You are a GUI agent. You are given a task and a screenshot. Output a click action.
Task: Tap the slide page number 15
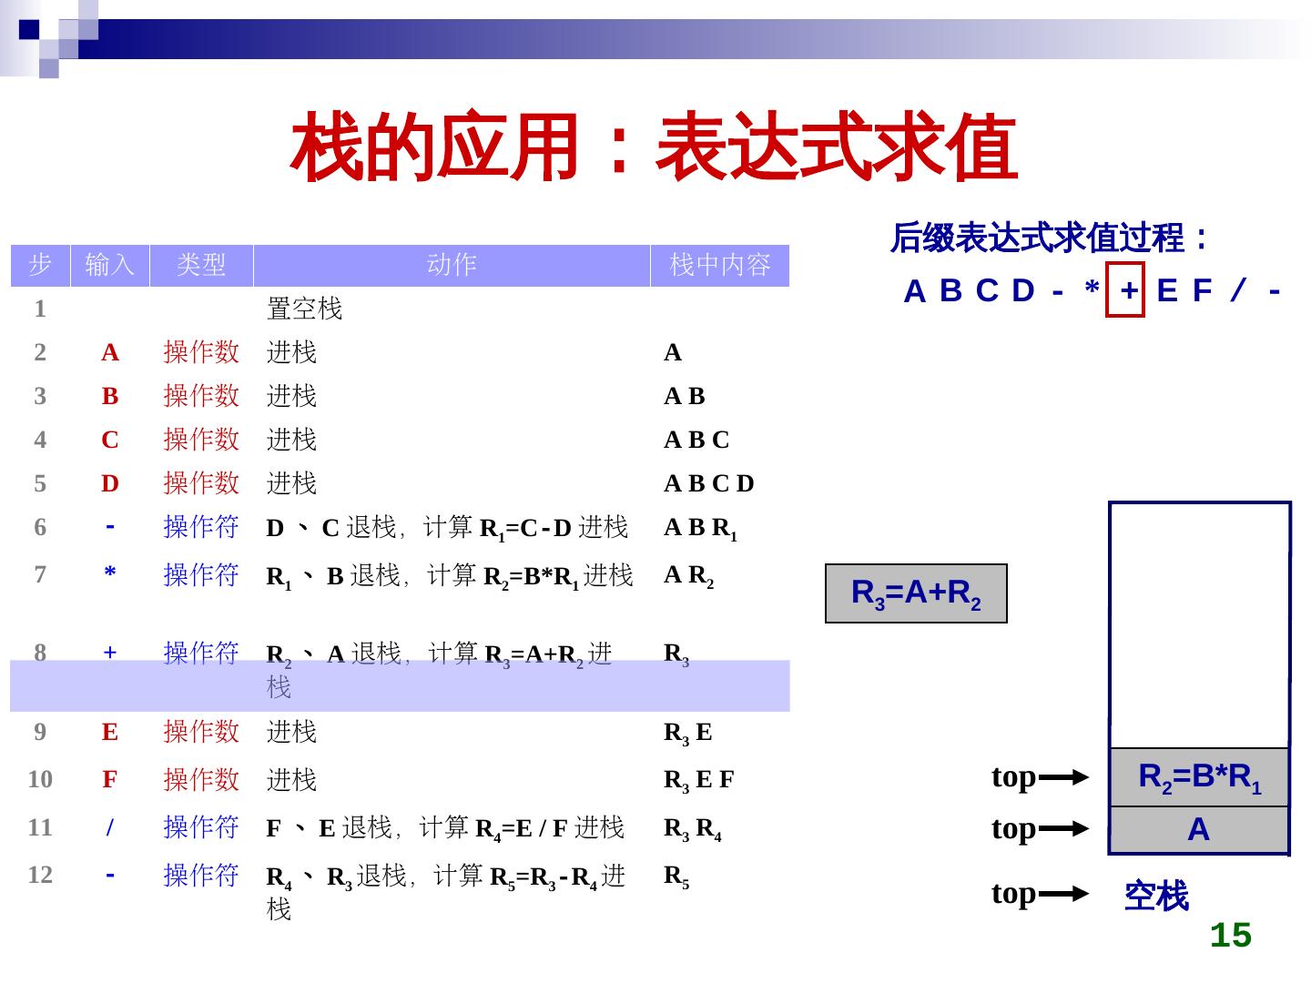(x=1230, y=935)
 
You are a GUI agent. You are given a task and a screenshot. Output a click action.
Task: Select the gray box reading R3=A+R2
(x=916, y=593)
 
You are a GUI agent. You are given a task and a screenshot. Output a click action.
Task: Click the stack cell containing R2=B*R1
(x=1199, y=777)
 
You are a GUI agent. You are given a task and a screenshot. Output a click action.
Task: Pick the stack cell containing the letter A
(x=1199, y=830)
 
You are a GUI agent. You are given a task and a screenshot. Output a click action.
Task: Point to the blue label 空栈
(x=1156, y=896)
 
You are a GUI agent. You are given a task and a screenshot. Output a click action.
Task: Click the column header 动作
(x=452, y=265)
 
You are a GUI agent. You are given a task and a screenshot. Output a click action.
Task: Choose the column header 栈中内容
(x=719, y=265)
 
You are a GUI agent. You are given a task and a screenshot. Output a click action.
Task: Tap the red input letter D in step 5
(x=110, y=483)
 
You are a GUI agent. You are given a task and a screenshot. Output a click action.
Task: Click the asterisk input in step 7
(x=110, y=574)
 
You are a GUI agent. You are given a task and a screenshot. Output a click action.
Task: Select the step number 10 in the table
(x=40, y=779)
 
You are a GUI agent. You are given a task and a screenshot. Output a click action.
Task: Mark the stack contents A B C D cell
(x=709, y=483)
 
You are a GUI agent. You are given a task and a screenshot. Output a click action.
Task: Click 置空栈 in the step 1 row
(x=304, y=309)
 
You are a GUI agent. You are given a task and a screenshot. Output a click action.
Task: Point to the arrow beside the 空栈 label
(x=1063, y=894)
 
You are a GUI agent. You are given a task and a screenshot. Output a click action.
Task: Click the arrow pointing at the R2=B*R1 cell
(x=1063, y=777)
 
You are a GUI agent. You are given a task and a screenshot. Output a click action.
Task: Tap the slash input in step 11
(x=110, y=827)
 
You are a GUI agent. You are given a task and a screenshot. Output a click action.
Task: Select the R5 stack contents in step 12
(x=676, y=876)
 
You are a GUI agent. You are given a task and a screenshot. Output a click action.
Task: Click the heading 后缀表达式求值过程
(x=1049, y=239)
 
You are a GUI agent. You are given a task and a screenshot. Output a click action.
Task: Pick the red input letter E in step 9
(x=110, y=732)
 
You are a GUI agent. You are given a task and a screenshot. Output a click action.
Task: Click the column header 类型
(x=201, y=265)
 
